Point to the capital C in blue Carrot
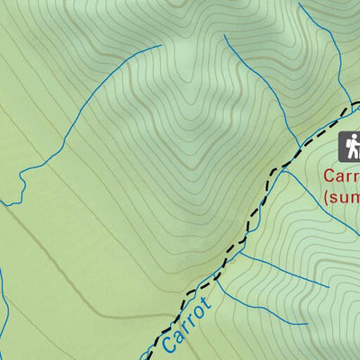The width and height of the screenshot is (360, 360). pyautogui.click(x=170, y=343)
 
